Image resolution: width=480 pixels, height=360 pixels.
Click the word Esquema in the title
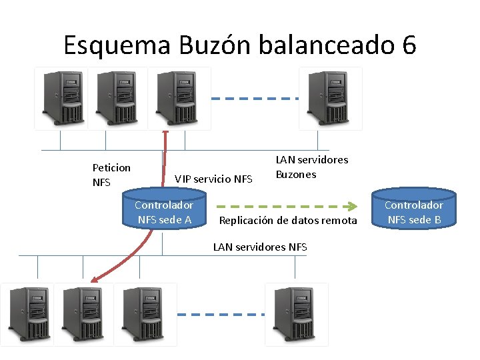[x=117, y=45]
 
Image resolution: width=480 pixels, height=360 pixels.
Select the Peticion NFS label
[x=111, y=175]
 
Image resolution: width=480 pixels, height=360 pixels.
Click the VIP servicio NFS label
[x=213, y=179]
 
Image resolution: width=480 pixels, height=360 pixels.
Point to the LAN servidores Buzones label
[x=311, y=167]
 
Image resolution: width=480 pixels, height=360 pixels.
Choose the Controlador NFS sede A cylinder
[x=164, y=212]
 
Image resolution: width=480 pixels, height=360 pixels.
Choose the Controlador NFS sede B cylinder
[x=414, y=212]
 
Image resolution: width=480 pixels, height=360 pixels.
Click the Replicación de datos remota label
[x=288, y=221]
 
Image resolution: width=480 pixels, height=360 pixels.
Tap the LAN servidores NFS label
[x=260, y=247]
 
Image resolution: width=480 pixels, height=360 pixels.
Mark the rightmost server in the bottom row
[x=297, y=314]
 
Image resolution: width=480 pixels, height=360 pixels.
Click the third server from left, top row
[x=178, y=98]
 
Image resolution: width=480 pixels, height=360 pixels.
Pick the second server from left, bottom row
[x=85, y=314]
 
